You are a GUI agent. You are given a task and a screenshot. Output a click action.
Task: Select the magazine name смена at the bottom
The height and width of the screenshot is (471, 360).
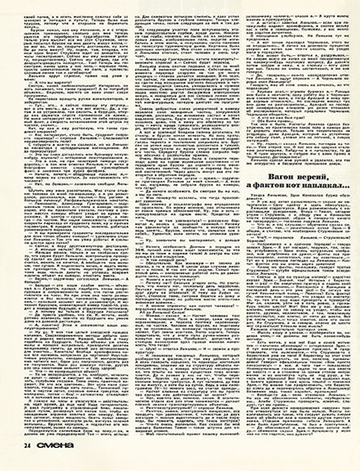(x=45, y=459)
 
